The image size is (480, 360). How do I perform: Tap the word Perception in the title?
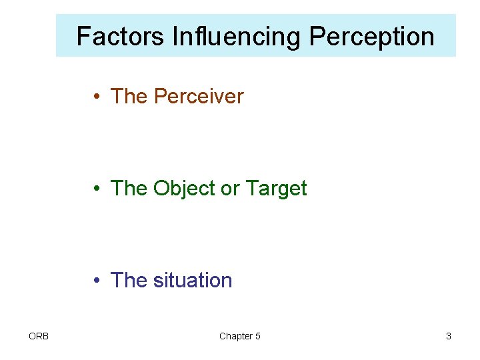coord(372,36)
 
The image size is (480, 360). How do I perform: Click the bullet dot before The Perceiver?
coord(97,97)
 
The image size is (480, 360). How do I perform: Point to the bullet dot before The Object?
coord(97,189)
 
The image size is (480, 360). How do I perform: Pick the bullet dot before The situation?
coord(97,281)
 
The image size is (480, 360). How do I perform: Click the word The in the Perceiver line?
coord(129,97)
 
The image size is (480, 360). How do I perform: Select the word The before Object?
coord(129,189)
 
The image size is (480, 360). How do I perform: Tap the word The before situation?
coord(129,281)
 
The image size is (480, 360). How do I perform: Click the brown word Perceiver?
coord(199,97)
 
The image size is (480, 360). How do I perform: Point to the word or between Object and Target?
coord(229,189)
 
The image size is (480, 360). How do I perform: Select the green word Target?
coord(276,189)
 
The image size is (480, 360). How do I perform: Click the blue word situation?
coord(193,281)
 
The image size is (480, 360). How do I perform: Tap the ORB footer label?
coord(39,336)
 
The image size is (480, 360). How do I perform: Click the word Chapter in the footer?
coord(235,336)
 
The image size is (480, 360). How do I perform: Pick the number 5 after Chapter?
coord(257,336)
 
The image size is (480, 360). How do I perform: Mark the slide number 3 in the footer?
coord(449,336)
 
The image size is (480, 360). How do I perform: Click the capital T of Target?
coord(251,189)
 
